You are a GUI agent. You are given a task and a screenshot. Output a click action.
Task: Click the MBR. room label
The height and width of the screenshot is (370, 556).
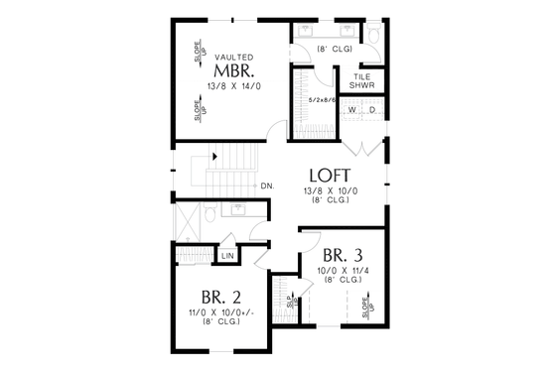click(234, 72)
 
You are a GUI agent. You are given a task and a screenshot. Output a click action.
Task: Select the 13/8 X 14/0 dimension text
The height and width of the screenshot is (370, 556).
click(234, 86)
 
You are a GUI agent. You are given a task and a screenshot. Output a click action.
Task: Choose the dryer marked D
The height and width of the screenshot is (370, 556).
click(372, 109)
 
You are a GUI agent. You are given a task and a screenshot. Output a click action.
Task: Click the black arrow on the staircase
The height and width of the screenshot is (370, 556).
click(214, 157)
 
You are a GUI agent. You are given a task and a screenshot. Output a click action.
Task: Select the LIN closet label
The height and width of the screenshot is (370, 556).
click(227, 256)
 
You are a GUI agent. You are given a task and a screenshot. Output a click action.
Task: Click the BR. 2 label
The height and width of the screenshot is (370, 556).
click(220, 296)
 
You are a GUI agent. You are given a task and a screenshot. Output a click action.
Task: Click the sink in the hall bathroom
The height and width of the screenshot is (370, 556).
click(239, 208)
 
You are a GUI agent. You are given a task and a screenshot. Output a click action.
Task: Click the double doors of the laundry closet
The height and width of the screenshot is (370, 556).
click(361, 151)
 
